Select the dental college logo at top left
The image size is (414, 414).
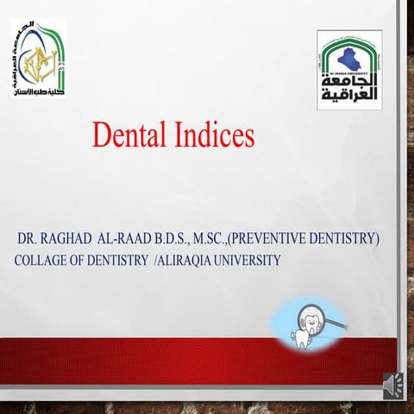[40, 57]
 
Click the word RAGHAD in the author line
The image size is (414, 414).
[74, 239]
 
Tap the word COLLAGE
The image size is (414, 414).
[47, 260]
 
